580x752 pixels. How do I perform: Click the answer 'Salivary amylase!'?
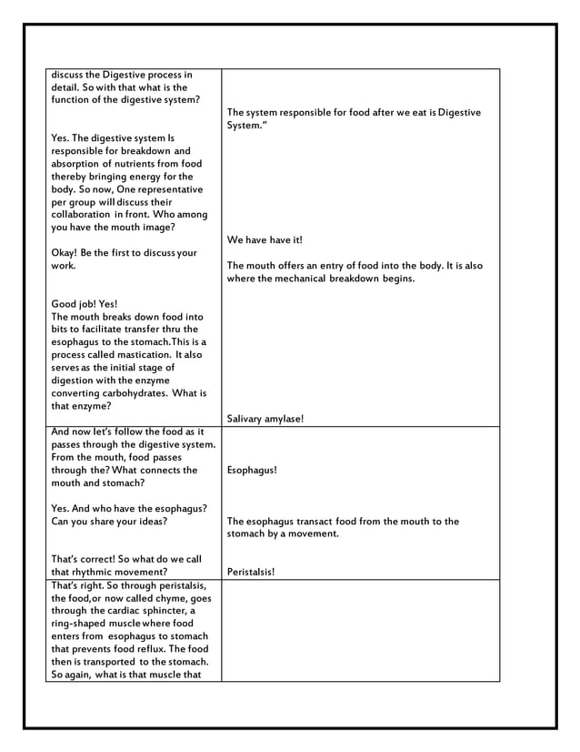click(x=265, y=419)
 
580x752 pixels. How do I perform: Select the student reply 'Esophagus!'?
click(x=252, y=471)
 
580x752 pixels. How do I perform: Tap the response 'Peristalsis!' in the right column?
click(x=252, y=573)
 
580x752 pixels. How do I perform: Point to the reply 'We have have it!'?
click(x=265, y=240)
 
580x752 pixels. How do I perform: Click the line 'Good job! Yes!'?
click(x=85, y=304)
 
